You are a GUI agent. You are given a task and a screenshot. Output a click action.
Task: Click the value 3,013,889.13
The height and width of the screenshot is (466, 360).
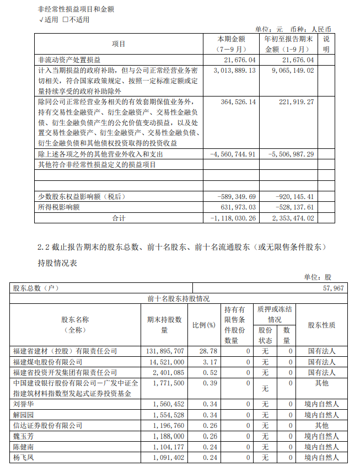[234, 71]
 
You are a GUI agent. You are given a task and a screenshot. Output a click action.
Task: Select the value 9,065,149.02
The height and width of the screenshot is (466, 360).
[292, 71]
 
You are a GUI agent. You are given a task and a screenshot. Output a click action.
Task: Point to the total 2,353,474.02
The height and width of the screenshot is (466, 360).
[292, 218]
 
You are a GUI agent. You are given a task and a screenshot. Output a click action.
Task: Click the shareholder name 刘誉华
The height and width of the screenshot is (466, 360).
[23, 404]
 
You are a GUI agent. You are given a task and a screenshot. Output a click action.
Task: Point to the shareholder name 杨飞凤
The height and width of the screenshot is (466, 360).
[23, 457]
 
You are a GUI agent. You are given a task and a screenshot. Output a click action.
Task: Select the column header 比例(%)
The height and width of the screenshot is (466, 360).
[203, 325]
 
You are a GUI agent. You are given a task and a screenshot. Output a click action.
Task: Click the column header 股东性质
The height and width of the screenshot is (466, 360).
[321, 325]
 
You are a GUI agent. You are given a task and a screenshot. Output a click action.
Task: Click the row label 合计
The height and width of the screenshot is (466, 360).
[119, 218]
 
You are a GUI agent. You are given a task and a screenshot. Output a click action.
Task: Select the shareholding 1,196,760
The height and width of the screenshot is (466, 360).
[165, 425]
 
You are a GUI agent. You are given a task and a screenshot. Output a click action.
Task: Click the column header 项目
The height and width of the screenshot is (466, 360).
[119, 44]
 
